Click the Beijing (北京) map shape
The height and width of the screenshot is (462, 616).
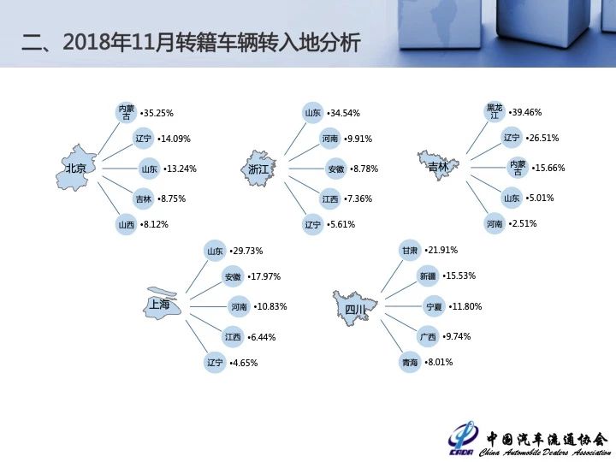76,168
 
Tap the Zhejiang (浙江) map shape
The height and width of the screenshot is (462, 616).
258,169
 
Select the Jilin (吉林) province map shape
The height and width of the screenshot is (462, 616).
438,165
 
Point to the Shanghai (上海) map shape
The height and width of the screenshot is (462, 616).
161,303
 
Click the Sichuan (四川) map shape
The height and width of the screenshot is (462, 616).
355,308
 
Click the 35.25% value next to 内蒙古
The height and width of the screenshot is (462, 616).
157,113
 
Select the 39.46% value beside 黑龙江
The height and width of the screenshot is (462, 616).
525,112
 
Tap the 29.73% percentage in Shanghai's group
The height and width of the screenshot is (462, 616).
246,251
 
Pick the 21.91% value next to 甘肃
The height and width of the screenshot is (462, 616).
441,250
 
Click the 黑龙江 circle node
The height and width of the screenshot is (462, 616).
495,111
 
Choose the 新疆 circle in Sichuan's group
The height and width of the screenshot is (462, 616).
428,276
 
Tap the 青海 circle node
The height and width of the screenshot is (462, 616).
409,362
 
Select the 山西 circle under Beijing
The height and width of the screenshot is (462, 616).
126,225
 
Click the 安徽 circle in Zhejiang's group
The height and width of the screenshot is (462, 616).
336,169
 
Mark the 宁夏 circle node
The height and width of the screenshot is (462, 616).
434,306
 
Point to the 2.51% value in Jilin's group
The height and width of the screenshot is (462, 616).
523,223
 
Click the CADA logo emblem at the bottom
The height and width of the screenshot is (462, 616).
462,439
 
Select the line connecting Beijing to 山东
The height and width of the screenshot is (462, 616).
120,169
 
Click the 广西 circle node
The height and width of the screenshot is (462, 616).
428,337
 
